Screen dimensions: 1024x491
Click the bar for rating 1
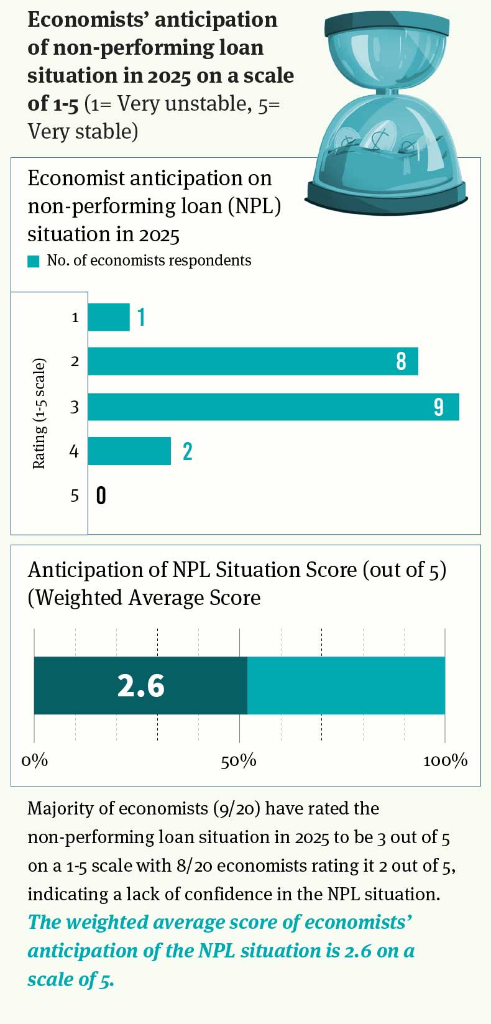click(109, 317)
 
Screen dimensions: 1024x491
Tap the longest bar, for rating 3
click(273, 407)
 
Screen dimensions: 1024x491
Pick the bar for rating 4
click(129, 451)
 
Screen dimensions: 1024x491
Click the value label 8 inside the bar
click(402, 361)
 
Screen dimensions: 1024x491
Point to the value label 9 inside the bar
click(439, 407)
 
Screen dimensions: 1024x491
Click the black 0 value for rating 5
click(101, 496)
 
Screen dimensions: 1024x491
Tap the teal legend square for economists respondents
click(34, 261)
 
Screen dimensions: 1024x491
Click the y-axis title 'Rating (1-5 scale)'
click(39, 413)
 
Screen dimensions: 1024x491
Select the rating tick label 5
click(75, 496)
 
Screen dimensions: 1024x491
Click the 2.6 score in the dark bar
click(141, 686)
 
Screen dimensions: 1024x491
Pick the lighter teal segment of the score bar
click(346, 686)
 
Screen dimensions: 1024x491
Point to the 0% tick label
click(35, 760)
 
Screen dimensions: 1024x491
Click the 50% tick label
click(239, 760)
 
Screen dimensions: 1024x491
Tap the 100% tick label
click(445, 760)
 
